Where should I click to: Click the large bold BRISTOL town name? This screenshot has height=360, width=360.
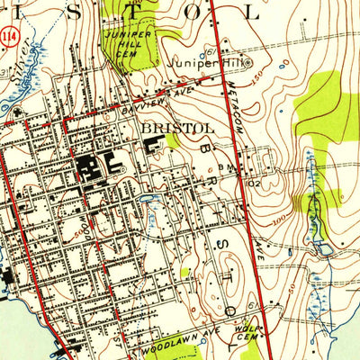coord(177,129)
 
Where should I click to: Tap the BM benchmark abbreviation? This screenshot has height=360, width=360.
coord(232,167)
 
